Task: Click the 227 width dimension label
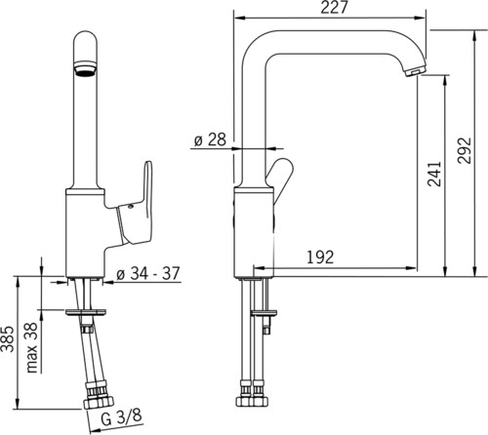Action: (335, 7)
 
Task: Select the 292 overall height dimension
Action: (465, 150)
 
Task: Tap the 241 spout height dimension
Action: (434, 174)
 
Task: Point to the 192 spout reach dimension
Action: (320, 257)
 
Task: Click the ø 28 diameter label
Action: (210, 139)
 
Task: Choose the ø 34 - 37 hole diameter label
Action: (148, 274)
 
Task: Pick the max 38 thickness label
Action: (32, 347)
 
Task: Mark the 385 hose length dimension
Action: (8, 338)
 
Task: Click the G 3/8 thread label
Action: (121, 418)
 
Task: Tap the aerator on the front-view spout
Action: (85, 69)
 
